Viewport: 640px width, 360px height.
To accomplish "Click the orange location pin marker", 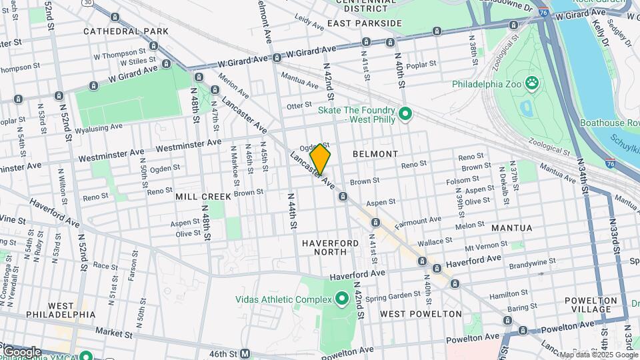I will click(321, 159).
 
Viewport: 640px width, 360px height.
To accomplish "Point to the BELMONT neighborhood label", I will click(375, 154).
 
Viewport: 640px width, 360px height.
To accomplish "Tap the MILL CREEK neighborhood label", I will click(203, 197).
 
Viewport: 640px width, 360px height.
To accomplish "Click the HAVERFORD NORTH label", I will click(331, 247).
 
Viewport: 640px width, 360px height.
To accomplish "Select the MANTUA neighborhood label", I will click(511, 228).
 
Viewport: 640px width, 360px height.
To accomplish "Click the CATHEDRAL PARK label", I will click(126, 31).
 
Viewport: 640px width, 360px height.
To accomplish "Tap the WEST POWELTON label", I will click(421, 313).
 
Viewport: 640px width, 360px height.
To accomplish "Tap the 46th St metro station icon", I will click(245, 353).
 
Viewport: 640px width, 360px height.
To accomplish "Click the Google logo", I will click(21, 351).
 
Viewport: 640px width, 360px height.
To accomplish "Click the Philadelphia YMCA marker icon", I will click(86, 355).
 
